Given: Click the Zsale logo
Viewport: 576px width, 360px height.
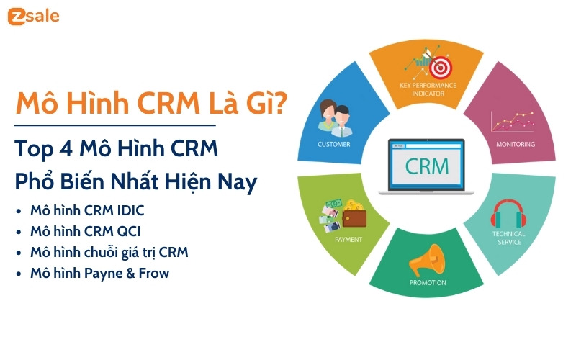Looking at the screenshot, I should tap(34, 17).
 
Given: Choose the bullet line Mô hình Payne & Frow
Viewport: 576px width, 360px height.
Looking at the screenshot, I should tap(99, 274).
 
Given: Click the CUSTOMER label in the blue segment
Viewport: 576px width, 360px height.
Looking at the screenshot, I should tap(334, 144).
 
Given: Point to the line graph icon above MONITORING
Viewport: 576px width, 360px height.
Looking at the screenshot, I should tap(512, 120).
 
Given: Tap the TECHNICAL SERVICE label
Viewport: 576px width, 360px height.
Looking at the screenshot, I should tap(508, 238).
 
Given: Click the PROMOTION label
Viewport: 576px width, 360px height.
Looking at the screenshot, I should tap(428, 283).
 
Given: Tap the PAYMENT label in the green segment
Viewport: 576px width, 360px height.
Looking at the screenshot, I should tap(348, 239).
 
